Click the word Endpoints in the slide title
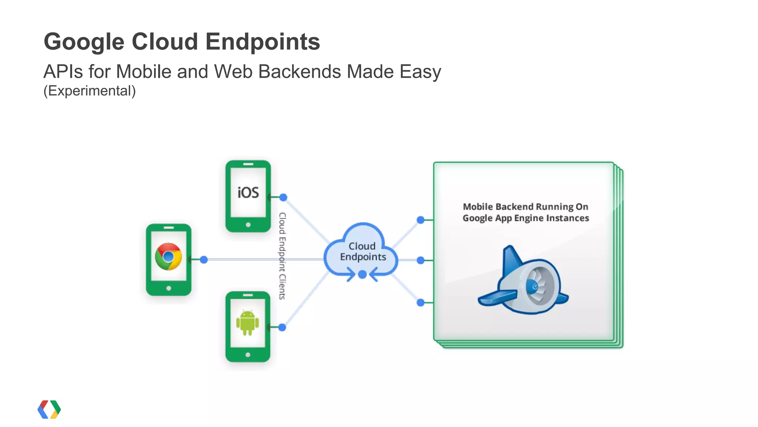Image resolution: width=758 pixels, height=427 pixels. [x=262, y=41]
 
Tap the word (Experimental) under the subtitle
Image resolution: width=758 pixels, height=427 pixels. [x=90, y=91]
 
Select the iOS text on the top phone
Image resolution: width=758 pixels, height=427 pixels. [x=248, y=193]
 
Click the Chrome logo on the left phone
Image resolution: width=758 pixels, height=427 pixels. [x=168, y=256]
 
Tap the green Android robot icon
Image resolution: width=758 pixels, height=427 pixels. [x=248, y=322]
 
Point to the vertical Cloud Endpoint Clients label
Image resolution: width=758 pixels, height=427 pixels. [x=282, y=256]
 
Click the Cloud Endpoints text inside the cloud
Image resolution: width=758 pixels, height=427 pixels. [x=363, y=251]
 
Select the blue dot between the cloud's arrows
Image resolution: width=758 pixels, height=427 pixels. [x=363, y=274]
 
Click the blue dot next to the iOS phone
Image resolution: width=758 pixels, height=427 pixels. [x=283, y=197]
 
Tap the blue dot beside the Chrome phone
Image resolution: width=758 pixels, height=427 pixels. [x=204, y=260]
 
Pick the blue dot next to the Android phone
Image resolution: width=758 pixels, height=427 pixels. [x=282, y=327]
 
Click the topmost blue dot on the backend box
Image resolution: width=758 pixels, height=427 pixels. [x=420, y=220]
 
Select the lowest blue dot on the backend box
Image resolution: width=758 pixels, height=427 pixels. [x=420, y=303]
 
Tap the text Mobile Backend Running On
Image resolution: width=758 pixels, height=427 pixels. [x=525, y=207]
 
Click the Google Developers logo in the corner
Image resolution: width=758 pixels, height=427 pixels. [x=49, y=409]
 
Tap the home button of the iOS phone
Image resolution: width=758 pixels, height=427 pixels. [x=248, y=225]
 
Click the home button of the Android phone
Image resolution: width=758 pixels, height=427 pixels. [x=248, y=355]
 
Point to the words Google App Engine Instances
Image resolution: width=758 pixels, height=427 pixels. [x=526, y=218]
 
